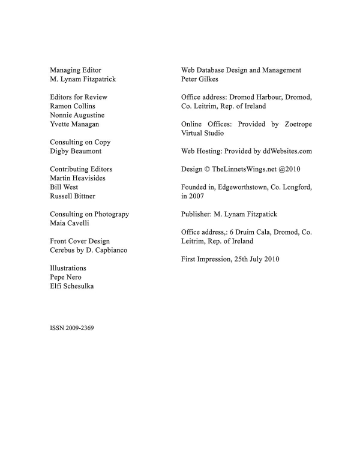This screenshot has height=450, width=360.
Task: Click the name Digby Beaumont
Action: (76, 151)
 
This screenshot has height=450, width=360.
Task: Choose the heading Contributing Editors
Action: (80, 169)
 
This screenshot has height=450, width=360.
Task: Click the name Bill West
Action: (64, 187)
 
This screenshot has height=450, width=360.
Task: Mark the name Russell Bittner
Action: (73, 196)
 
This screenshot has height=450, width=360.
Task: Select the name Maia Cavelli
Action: (69, 223)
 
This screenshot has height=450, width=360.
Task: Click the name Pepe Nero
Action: (65, 277)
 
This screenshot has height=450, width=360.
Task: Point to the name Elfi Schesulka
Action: (71, 286)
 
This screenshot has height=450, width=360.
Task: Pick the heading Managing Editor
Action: (75, 70)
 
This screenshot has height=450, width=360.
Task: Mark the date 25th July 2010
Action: (252, 260)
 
